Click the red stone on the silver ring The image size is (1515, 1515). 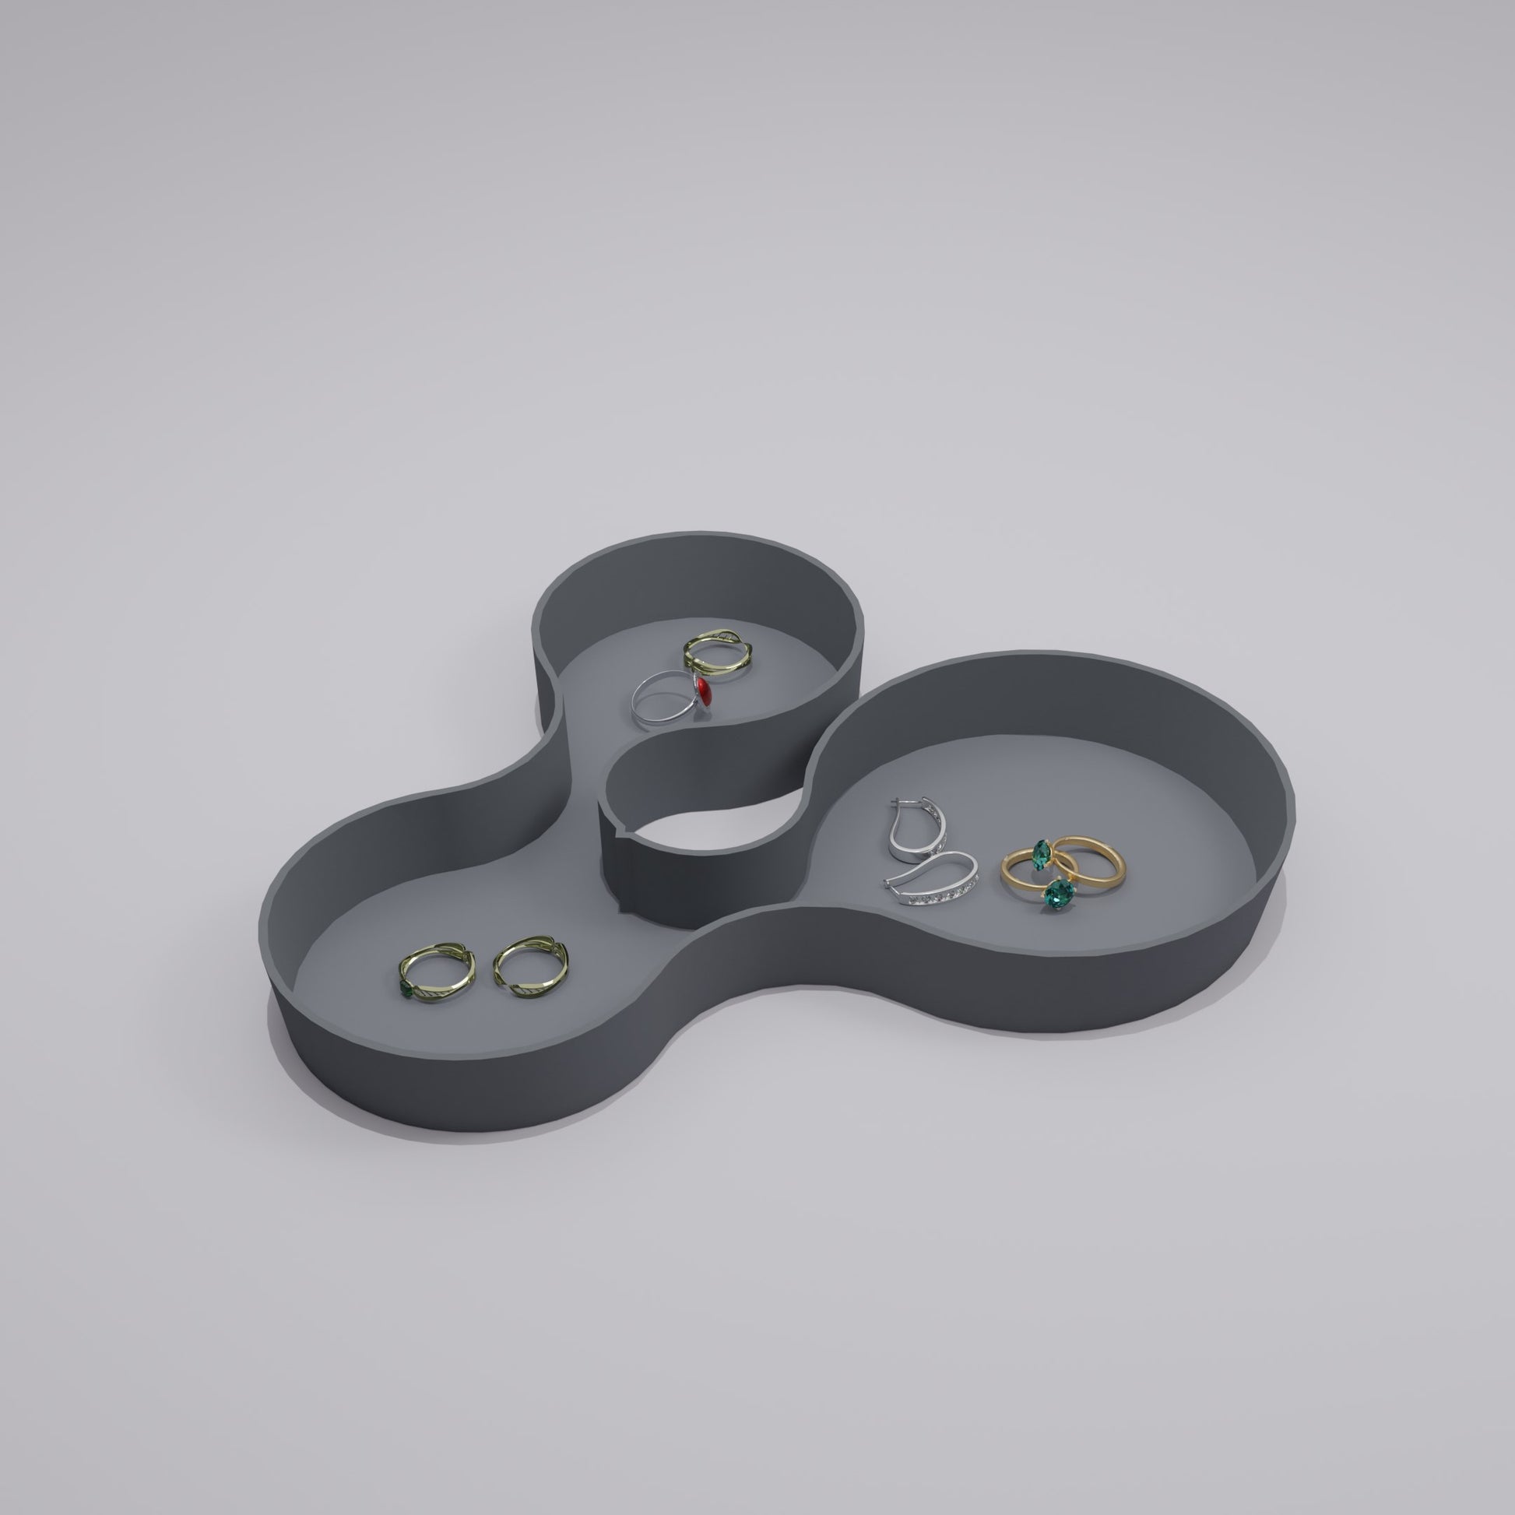point(704,691)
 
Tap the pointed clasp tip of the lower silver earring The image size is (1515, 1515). point(886,884)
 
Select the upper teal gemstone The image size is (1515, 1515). point(1042,852)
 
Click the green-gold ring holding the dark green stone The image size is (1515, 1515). point(439,972)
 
